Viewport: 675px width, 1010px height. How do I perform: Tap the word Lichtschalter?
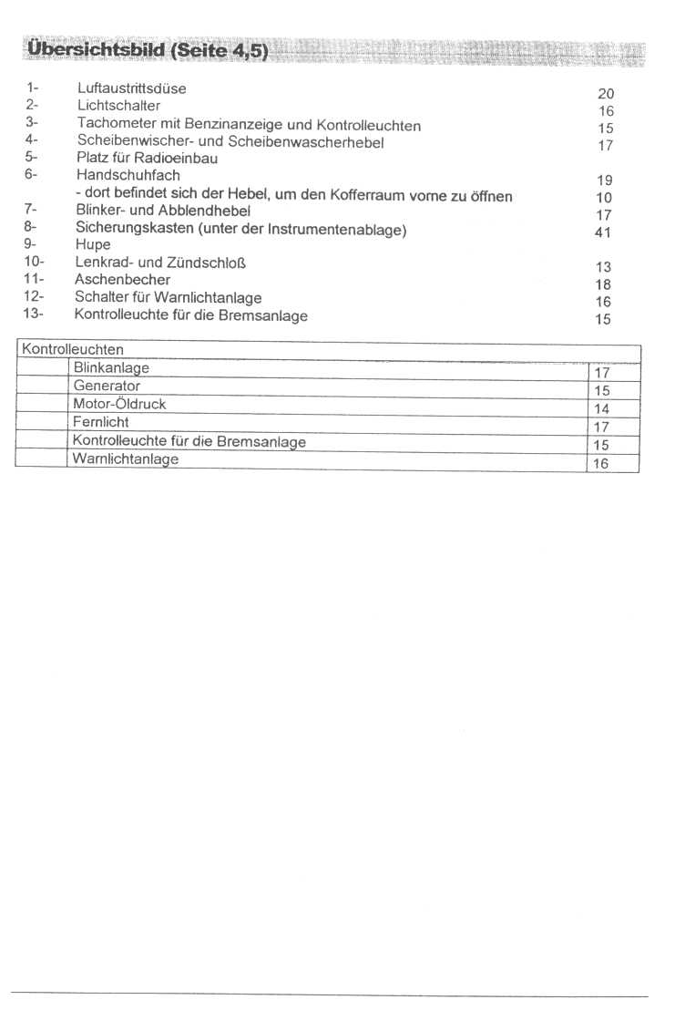coord(118,106)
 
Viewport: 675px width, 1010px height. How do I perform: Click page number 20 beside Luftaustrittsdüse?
coord(606,94)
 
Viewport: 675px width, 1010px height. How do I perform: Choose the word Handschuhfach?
coord(128,175)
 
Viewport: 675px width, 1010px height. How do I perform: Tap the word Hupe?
coord(93,245)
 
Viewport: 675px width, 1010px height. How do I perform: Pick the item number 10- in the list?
coord(34,263)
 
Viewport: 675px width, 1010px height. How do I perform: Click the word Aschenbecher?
coord(122,280)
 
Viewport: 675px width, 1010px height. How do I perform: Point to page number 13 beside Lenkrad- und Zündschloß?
coord(603,267)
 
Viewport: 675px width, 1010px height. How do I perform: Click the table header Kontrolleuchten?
coord(72,349)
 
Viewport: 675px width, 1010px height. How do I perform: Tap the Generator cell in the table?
coord(107,386)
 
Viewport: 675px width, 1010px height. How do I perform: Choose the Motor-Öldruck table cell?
coord(119,404)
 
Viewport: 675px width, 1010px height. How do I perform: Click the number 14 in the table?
coord(601,409)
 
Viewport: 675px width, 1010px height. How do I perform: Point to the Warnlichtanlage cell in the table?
coord(126,459)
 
